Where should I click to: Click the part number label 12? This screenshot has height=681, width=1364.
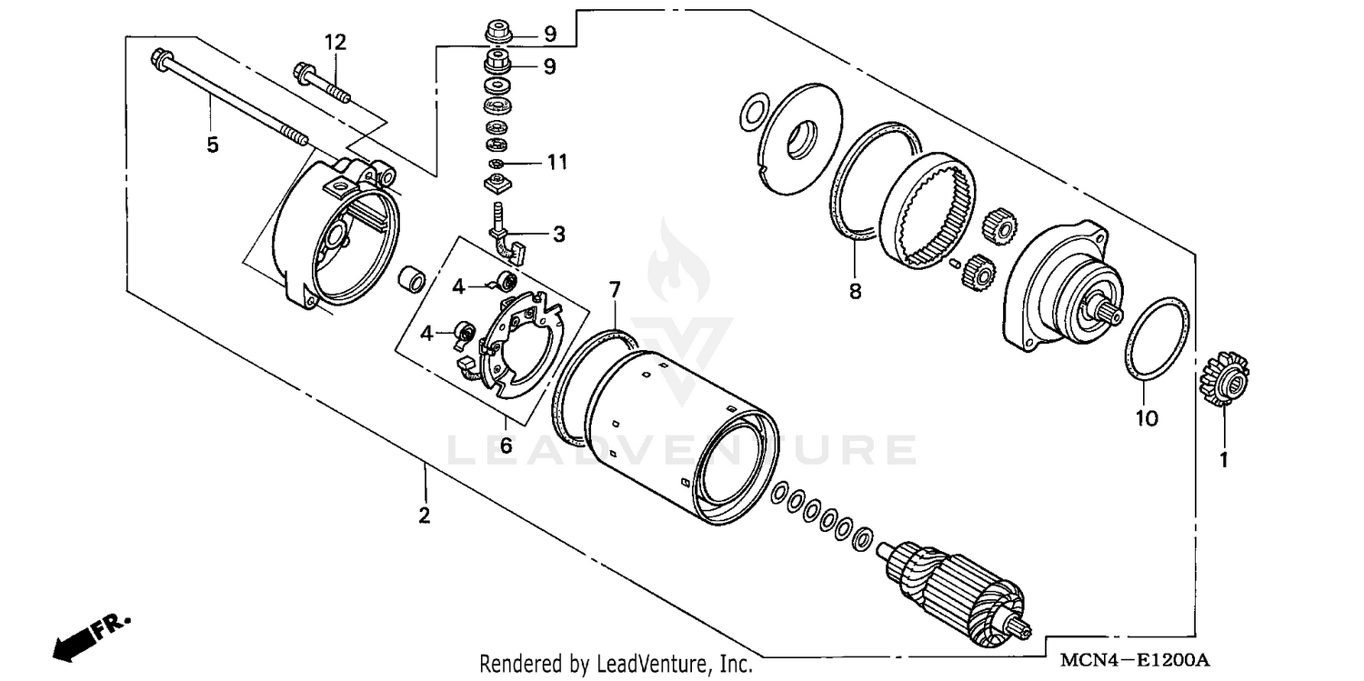coord(336,41)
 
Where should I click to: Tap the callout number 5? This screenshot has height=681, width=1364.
coord(212,145)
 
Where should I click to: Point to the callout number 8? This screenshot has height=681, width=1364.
coord(855,291)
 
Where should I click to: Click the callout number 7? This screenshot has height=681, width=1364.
coord(615,290)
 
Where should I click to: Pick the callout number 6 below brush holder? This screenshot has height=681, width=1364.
coord(506,446)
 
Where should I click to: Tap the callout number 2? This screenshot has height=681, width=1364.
coord(424,516)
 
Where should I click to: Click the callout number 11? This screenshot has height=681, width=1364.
coord(557,163)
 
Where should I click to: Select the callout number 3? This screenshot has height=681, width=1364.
coord(557,234)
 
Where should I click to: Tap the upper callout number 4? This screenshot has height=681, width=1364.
coord(458,286)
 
